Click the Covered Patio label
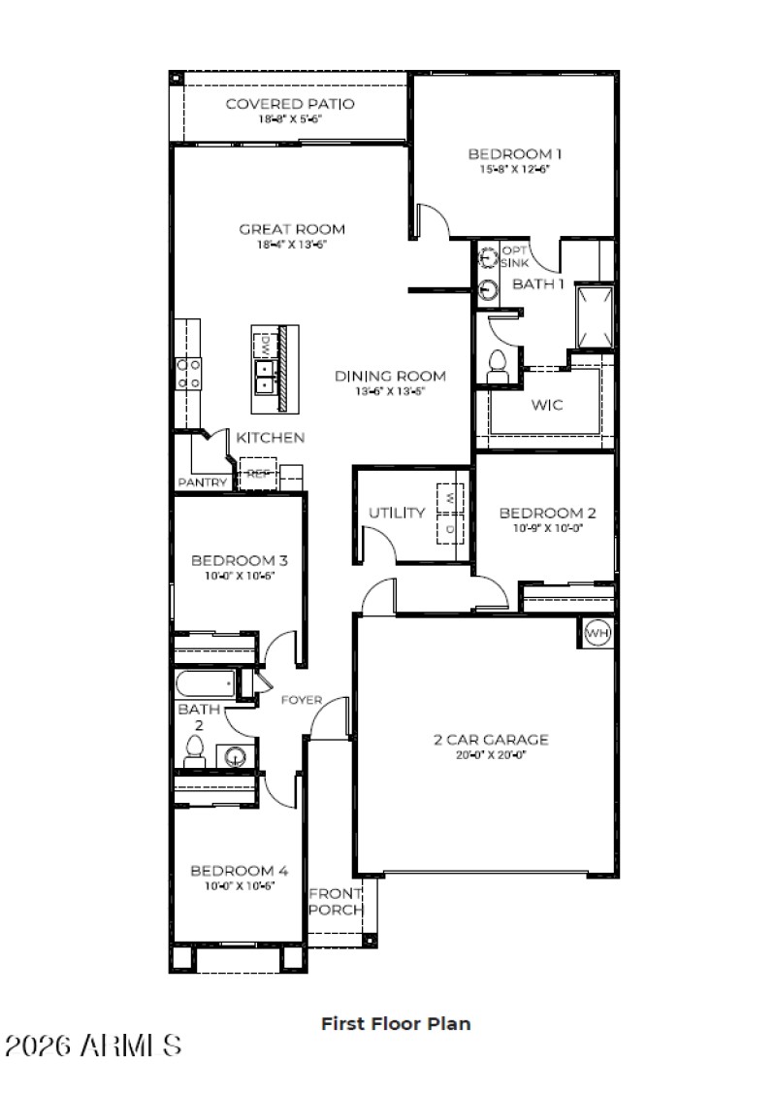[x=290, y=104]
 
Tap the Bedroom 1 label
[x=515, y=153]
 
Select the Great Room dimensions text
[x=292, y=246]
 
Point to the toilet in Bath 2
[x=193, y=749]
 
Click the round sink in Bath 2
[x=233, y=755]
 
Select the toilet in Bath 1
[x=498, y=364]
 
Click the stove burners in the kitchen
[x=188, y=374]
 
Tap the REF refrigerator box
[x=257, y=474]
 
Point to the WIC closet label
[x=547, y=404]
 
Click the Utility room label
[x=397, y=513]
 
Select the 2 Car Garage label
[x=491, y=740]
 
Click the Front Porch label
[x=336, y=902]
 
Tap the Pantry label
[x=202, y=482]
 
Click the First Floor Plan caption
[x=396, y=1023]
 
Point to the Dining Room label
[x=390, y=376]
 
